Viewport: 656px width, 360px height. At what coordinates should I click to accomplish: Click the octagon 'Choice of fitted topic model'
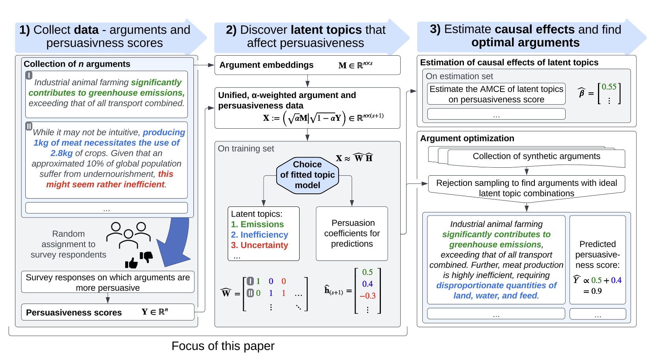click(307, 175)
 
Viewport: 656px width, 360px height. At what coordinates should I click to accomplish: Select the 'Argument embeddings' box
click(307, 65)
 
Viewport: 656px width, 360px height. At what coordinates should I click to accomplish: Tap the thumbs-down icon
click(146, 257)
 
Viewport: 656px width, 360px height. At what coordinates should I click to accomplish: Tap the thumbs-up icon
click(131, 262)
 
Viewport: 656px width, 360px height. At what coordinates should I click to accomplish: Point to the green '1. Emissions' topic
click(257, 224)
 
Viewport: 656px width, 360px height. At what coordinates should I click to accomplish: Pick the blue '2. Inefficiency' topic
click(259, 235)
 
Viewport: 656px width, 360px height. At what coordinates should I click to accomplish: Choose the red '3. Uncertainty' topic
click(259, 245)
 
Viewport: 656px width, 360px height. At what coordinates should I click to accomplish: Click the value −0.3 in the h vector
click(367, 296)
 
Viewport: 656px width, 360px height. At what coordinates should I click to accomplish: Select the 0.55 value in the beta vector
click(609, 87)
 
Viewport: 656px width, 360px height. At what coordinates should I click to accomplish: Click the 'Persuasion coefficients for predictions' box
click(352, 233)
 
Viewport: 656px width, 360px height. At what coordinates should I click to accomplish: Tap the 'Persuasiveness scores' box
click(107, 312)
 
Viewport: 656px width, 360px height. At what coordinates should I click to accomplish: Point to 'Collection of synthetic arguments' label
click(536, 156)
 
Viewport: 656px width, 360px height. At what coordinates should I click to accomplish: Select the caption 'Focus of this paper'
click(223, 346)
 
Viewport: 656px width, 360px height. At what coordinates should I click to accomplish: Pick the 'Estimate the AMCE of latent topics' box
click(496, 94)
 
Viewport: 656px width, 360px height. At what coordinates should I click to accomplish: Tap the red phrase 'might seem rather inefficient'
click(106, 184)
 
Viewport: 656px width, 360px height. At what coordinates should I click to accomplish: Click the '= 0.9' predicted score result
click(592, 291)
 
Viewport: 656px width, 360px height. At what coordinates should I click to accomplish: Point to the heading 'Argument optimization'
click(467, 138)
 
